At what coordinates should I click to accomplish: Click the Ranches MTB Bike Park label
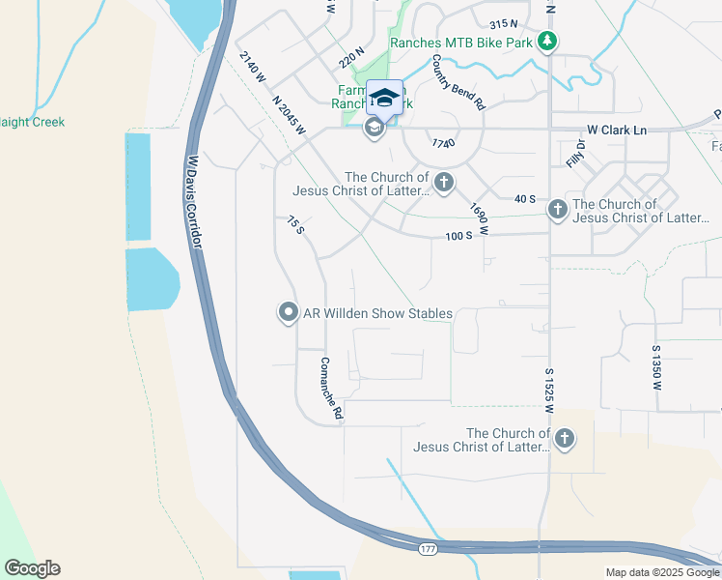click(460, 42)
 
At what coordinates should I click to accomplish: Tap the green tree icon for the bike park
click(548, 41)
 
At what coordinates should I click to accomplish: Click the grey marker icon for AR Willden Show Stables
click(288, 311)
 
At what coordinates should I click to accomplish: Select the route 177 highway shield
click(427, 549)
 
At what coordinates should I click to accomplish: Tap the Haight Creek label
click(32, 122)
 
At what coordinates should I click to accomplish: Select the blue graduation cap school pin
click(384, 98)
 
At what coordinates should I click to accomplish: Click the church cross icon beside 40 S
click(557, 210)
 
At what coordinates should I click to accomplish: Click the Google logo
click(32, 568)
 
